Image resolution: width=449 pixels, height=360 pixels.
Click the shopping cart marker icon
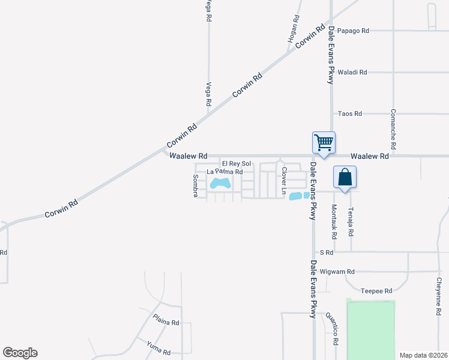pyautogui.click(x=324, y=143)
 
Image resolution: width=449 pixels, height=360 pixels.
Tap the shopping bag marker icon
pyautogui.click(x=345, y=178)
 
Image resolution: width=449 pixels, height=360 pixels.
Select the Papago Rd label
pyautogui.click(x=353, y=31)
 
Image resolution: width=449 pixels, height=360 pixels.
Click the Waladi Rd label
pyautogui.click(x=352, y=72)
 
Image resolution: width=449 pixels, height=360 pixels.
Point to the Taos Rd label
pyautogui.click(x=350, y=113)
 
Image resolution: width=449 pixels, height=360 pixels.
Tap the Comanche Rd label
pyautogui.click(x=393, y=129)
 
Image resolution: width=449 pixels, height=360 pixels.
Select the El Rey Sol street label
pyautogui.click(x=237, y=164)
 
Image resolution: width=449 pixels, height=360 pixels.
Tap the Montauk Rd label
pyautogui.click(x=334, y=220)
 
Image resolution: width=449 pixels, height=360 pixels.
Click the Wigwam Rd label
pyautogui.click(x=338, y=271)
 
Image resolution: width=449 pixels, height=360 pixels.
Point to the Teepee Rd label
pyautogui.click(x=376, y=290)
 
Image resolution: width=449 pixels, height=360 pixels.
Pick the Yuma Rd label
pyautogui.click(x=158, y=347)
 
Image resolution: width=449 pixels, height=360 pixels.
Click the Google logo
pyautogui.click(x=20, y=353)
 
